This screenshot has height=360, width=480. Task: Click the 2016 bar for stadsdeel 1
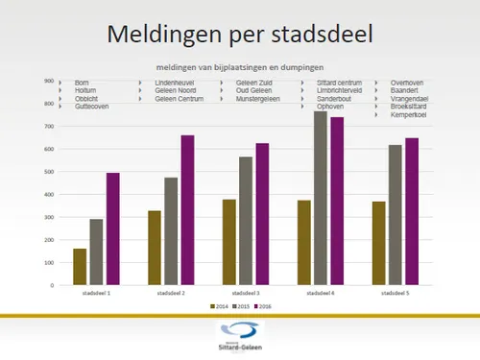tap(112, 229)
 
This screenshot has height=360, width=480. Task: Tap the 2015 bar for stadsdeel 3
tap(246, 221)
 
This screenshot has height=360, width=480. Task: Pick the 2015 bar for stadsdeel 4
tap(320, 199)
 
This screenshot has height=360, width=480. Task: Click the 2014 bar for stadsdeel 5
tap(378, 243)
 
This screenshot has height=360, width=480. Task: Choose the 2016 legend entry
tap(262, 305)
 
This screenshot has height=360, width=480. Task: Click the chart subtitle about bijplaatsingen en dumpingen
tap(240, 68)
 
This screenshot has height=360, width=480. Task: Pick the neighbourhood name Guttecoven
tap(91, 107)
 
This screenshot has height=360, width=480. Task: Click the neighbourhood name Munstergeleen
tap(261, 99)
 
